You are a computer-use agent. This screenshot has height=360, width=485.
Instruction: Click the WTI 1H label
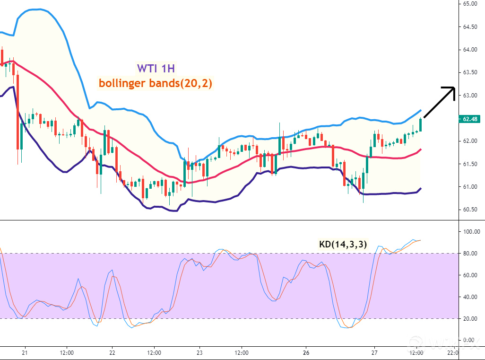156,68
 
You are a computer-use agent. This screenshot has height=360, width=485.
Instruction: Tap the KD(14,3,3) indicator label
343,245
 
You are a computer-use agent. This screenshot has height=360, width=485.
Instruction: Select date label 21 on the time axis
25,353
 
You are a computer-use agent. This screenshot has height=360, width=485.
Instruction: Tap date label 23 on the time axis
199,353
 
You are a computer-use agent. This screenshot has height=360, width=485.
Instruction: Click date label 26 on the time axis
306,353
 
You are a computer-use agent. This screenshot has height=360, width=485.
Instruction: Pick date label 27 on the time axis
374,353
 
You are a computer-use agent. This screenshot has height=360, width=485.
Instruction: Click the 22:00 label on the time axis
452,353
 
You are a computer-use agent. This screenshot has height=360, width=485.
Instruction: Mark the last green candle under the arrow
421,125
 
